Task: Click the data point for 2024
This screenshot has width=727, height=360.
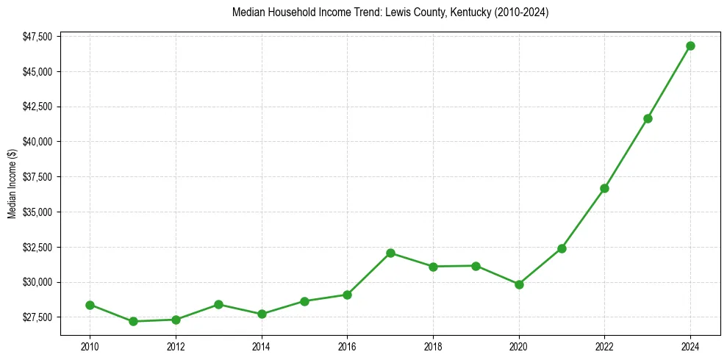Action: [690, 46]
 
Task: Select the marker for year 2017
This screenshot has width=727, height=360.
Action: [390, 253]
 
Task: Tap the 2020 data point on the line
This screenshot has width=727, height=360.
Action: [519, 284]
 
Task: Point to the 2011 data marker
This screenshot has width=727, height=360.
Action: [133, 321]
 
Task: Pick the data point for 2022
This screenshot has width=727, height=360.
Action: [604, 188]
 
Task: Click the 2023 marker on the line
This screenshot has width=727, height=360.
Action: [648, 118]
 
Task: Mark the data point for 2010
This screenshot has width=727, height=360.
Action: [90, 305]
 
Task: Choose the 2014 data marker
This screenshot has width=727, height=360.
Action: [262, 314]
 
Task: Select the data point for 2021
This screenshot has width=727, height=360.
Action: [562, 248]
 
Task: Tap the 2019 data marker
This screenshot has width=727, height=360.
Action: [476, 266]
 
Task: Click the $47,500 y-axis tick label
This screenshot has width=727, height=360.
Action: [37, 36]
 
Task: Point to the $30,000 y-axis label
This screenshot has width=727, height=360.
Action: [37, 282]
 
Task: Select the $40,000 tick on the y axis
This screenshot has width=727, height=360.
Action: [37, 142]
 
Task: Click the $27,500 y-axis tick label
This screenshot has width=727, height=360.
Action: [37, 317]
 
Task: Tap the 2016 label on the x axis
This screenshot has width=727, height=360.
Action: [347, 345]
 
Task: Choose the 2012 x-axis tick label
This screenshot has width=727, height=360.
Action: [176, 345]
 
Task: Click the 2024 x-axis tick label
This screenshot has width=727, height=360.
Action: [690, 345]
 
